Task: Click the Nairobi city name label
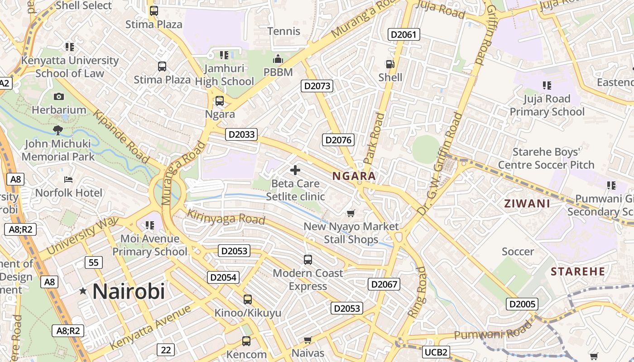point(129,291)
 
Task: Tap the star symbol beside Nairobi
point(83,291)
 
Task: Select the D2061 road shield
point(404,34)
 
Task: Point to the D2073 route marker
point(317,86)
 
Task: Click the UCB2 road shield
point(437,352)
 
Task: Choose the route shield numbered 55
point(94,262)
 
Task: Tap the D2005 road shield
point(522,304)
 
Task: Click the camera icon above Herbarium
point(59,96)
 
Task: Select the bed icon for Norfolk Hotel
point(68,180)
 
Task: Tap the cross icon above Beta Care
point(295,170)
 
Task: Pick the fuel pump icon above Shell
point(389,64)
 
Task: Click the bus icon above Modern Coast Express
point(308,260)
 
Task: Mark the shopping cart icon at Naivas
point(308,340)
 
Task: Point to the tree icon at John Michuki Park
point(58,130)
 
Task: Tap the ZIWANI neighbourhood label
point(527,204)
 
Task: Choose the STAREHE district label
point(578,271)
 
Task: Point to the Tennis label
point(284,31)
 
